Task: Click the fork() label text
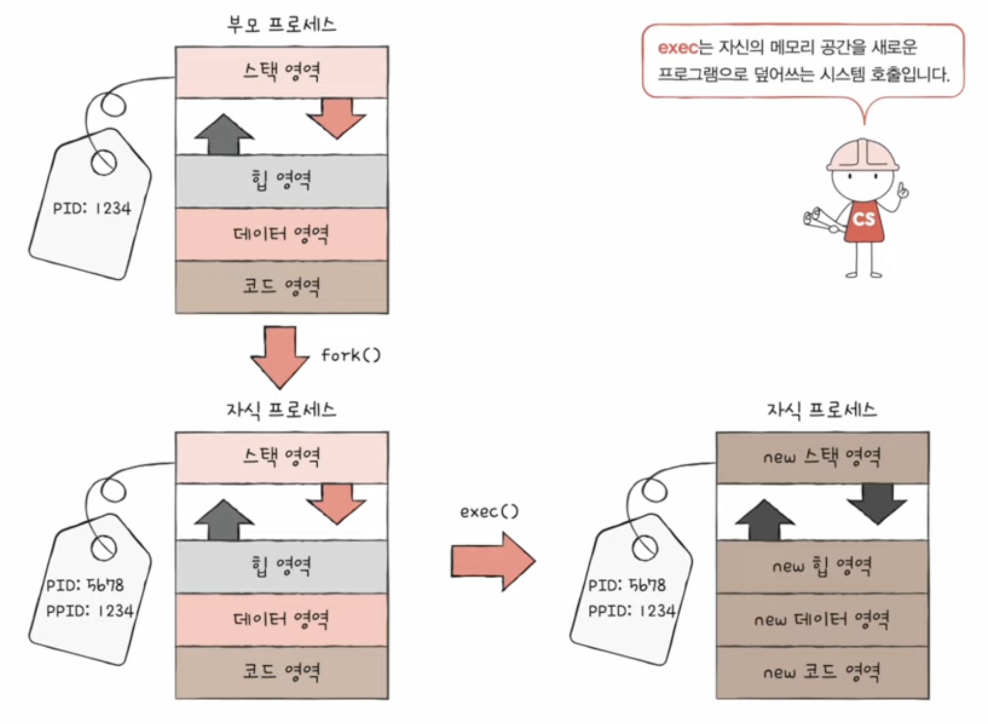(350, 355)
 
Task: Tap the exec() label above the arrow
(489, 512)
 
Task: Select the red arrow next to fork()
(280, 356)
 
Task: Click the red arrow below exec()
(492, 562)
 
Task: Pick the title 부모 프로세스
(281, 25)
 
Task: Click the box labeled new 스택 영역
(822, 457)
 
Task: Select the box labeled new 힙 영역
(822, 566)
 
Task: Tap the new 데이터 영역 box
(822, 620)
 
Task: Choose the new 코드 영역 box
(822, 672)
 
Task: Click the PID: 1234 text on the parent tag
(92, 209)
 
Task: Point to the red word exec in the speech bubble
(677, 48)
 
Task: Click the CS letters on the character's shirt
(864, 219)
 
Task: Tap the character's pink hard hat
(862, 155)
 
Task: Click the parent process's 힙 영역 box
(282, 181)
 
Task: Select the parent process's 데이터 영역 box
(282, 234)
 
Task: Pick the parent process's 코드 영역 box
(282, 287)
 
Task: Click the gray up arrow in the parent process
(224, 134)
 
